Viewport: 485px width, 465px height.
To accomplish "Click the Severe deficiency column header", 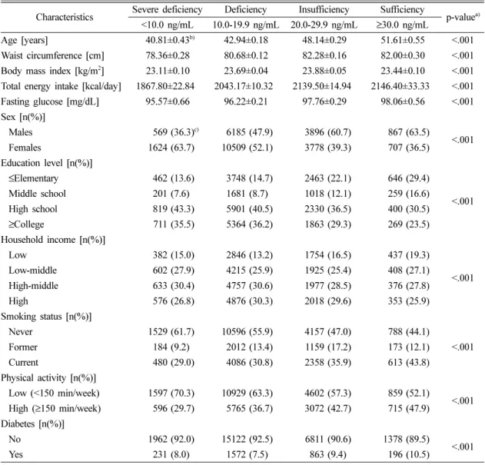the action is pos(168,9).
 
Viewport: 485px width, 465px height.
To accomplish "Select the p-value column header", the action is pos(463,17).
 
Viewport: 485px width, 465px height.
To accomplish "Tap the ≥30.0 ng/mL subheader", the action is pos(402,25).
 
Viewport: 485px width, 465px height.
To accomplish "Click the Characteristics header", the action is pos(65,17).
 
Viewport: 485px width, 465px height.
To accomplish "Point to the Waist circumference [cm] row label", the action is pos(52,55).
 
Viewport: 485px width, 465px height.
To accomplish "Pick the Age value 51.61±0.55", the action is pos(403,40).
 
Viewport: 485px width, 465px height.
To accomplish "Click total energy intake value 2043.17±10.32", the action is pos(244,86).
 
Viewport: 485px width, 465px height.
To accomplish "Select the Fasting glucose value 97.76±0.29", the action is pos(324,101).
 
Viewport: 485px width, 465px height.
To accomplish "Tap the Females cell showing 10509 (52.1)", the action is pos(247,148).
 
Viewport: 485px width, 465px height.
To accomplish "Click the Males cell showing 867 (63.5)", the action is pos(409,132).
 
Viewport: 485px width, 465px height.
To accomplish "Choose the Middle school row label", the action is pos(37,194).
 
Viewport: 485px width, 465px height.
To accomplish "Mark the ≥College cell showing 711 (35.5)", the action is pos(174,224).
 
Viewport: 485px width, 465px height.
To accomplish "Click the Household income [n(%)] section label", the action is pos(53,240).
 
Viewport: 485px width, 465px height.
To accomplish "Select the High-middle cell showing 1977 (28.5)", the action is pos(327,286).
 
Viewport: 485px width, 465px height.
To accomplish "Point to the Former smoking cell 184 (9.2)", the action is pos(171,347).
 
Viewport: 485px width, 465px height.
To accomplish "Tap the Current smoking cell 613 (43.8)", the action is pos(409,362).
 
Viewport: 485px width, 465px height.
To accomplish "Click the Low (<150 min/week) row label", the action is pos(54,394).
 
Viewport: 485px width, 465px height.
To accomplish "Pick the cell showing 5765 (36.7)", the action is pos(249,408).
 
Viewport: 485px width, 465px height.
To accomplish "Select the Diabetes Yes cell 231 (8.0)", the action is pos(171,454).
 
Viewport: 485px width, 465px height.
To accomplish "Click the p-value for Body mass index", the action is pos(463,71).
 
